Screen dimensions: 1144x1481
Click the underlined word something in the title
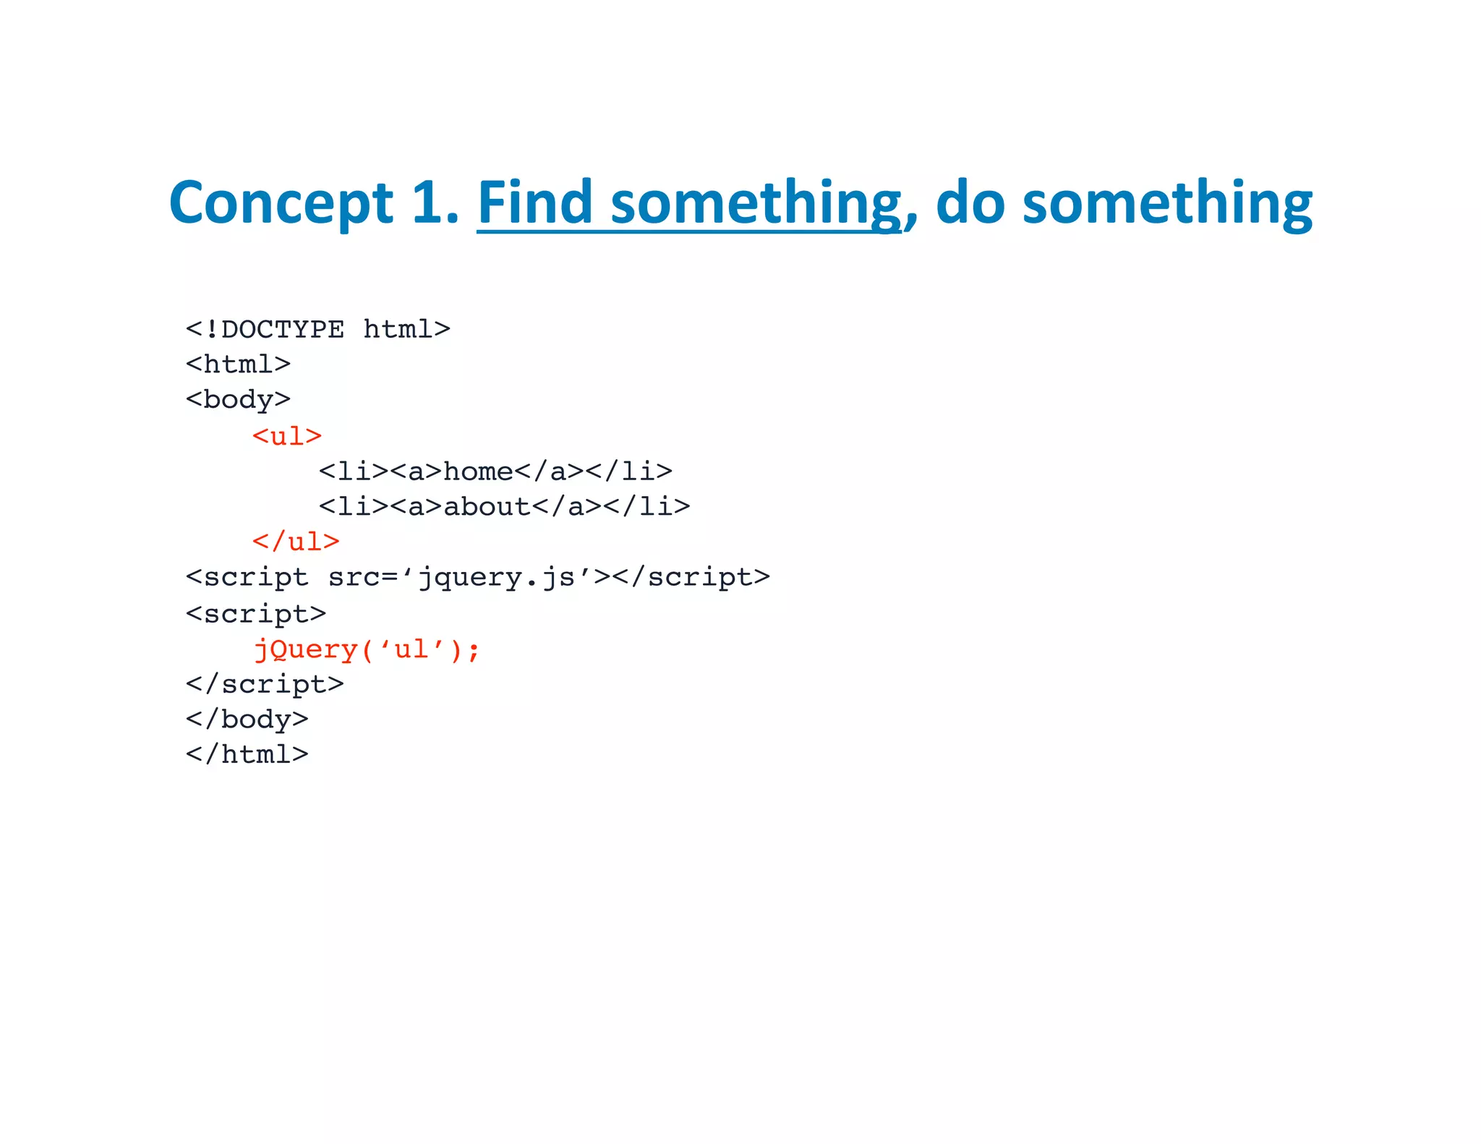point(756,204)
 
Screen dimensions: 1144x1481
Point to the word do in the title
point(970,202)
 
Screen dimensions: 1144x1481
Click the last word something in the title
point(1167,204)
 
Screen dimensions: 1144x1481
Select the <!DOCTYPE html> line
point(318,330)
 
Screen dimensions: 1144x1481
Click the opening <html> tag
point(239,364)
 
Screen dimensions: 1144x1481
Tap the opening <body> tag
point(239,399)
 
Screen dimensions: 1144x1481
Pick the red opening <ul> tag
point(287,436)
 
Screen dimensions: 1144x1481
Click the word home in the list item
point(478,471)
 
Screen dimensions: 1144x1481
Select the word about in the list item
point(487,506)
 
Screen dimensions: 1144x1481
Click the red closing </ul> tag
point(296,542)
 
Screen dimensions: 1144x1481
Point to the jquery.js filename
point(497,578)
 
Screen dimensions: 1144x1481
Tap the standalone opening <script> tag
point(256,613)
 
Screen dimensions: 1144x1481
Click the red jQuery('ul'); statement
point(367,649)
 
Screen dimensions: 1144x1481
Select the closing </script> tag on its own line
point(265,684)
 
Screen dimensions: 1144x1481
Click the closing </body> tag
point(247,720)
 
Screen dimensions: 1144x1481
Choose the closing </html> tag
point(247,754)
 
